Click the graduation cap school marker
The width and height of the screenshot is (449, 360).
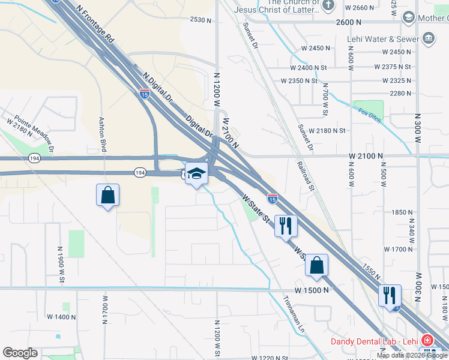[x=196, y=174]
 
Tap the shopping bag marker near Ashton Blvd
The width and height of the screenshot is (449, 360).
[x=107, y=195]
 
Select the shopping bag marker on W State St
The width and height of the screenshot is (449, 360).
[x=316, y=265]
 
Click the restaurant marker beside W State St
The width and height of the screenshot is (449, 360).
[x=285, y=226]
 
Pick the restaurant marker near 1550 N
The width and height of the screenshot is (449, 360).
[x=390, y=295]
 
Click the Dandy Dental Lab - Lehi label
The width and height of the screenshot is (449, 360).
[x=373, y=342]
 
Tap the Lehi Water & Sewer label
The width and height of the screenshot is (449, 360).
[x=382, y=40]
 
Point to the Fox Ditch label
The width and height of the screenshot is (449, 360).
[x=370, y=112]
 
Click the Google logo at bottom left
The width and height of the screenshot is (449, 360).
[x=20, y=353]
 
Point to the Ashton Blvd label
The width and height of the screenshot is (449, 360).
[x=103, y=133]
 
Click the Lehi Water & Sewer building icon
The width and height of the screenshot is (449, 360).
[x=429, y=40]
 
